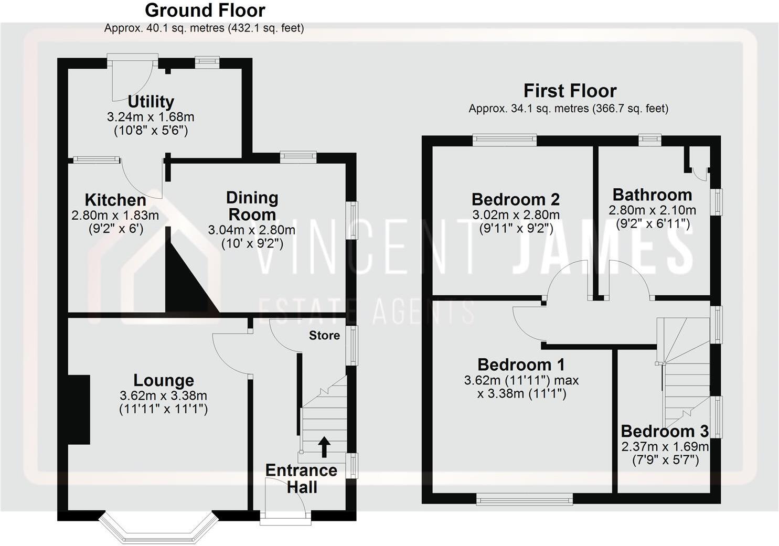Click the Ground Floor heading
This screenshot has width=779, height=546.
click(205, 10)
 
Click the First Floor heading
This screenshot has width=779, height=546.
click(570, 91)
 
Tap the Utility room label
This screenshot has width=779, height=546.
click(151, 101)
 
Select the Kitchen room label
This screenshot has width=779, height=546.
click(115, 200)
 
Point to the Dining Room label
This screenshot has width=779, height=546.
click(252, 206)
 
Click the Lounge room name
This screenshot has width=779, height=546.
click(164, 380)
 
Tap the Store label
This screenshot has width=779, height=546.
click(324, 335)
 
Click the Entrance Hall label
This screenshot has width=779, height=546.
click(301, 478)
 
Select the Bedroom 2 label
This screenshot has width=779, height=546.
click(516, 199)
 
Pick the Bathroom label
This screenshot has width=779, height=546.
click(652, 195)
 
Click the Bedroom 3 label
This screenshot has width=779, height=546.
click(665, 431)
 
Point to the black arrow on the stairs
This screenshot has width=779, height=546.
click(324, 446)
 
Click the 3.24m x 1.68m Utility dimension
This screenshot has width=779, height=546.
click(151, 117)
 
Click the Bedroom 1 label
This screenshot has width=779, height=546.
click(521, 365)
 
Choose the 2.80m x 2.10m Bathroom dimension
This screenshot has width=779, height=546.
click(652, 210)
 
